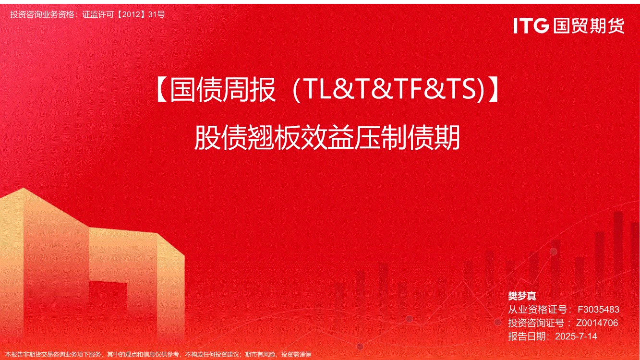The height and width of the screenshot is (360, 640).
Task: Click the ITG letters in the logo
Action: pos(531,25)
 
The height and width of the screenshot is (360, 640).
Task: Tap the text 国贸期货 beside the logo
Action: pos(589,25)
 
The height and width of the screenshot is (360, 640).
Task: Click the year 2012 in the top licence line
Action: pos(131,14)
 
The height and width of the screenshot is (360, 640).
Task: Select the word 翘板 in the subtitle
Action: pos(274,138)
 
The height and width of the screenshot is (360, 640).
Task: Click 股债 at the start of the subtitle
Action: pos(221,138)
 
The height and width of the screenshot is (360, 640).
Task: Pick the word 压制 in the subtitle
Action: pos(381,138)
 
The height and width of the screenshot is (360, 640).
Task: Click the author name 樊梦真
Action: pos(522,296)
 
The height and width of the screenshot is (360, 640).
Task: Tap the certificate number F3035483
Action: pos(598,310)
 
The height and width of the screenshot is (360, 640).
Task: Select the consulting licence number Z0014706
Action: pos(597,323)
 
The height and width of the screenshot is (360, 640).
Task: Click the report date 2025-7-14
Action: pos(576,336)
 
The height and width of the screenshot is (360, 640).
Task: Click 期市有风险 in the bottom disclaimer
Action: pos(260,355)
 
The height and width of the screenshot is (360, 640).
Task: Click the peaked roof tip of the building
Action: pos(24,188)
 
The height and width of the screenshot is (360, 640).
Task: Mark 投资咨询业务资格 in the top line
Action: pos(42,14)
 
